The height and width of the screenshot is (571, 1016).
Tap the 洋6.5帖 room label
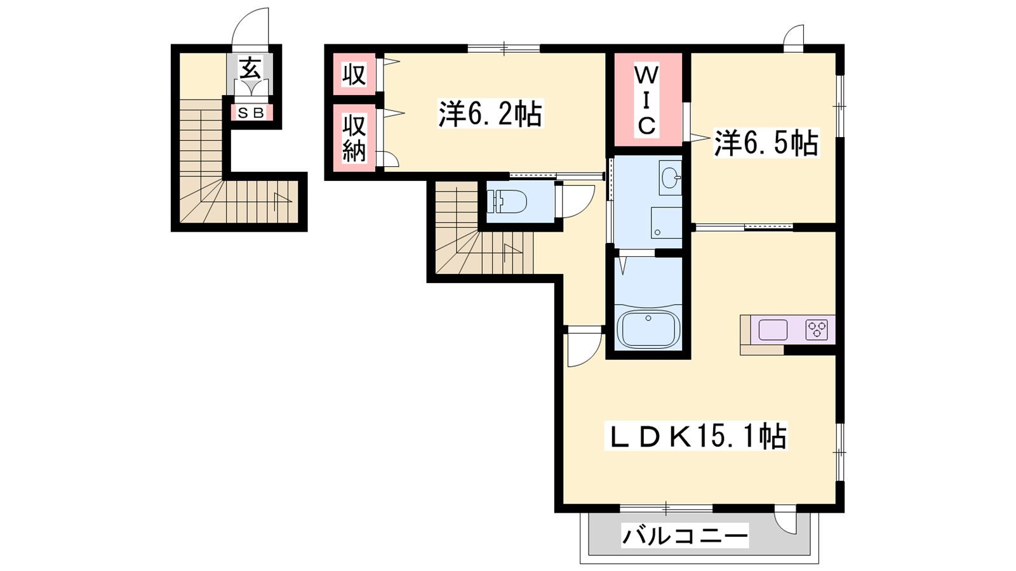(766, 143)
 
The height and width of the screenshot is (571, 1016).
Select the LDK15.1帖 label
(696, 435)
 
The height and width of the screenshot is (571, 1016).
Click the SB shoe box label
(251, 113)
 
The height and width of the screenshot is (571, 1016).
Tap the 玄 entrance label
(250, 69)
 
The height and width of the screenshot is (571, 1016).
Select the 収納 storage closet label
(354, 138)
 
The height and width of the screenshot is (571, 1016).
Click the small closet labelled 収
(354, 75)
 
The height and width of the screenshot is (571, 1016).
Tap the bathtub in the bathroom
(648, 329)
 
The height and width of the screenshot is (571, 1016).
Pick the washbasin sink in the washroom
(670, 177)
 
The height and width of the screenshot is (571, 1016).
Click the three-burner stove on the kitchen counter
(817, 329)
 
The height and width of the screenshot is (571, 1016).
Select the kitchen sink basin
(773, 329)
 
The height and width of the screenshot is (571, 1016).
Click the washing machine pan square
(666, 223)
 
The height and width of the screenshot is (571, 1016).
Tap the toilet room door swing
(576, 202)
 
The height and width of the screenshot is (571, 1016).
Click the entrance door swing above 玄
(250, 27)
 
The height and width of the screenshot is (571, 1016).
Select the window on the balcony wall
(666, 508)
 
